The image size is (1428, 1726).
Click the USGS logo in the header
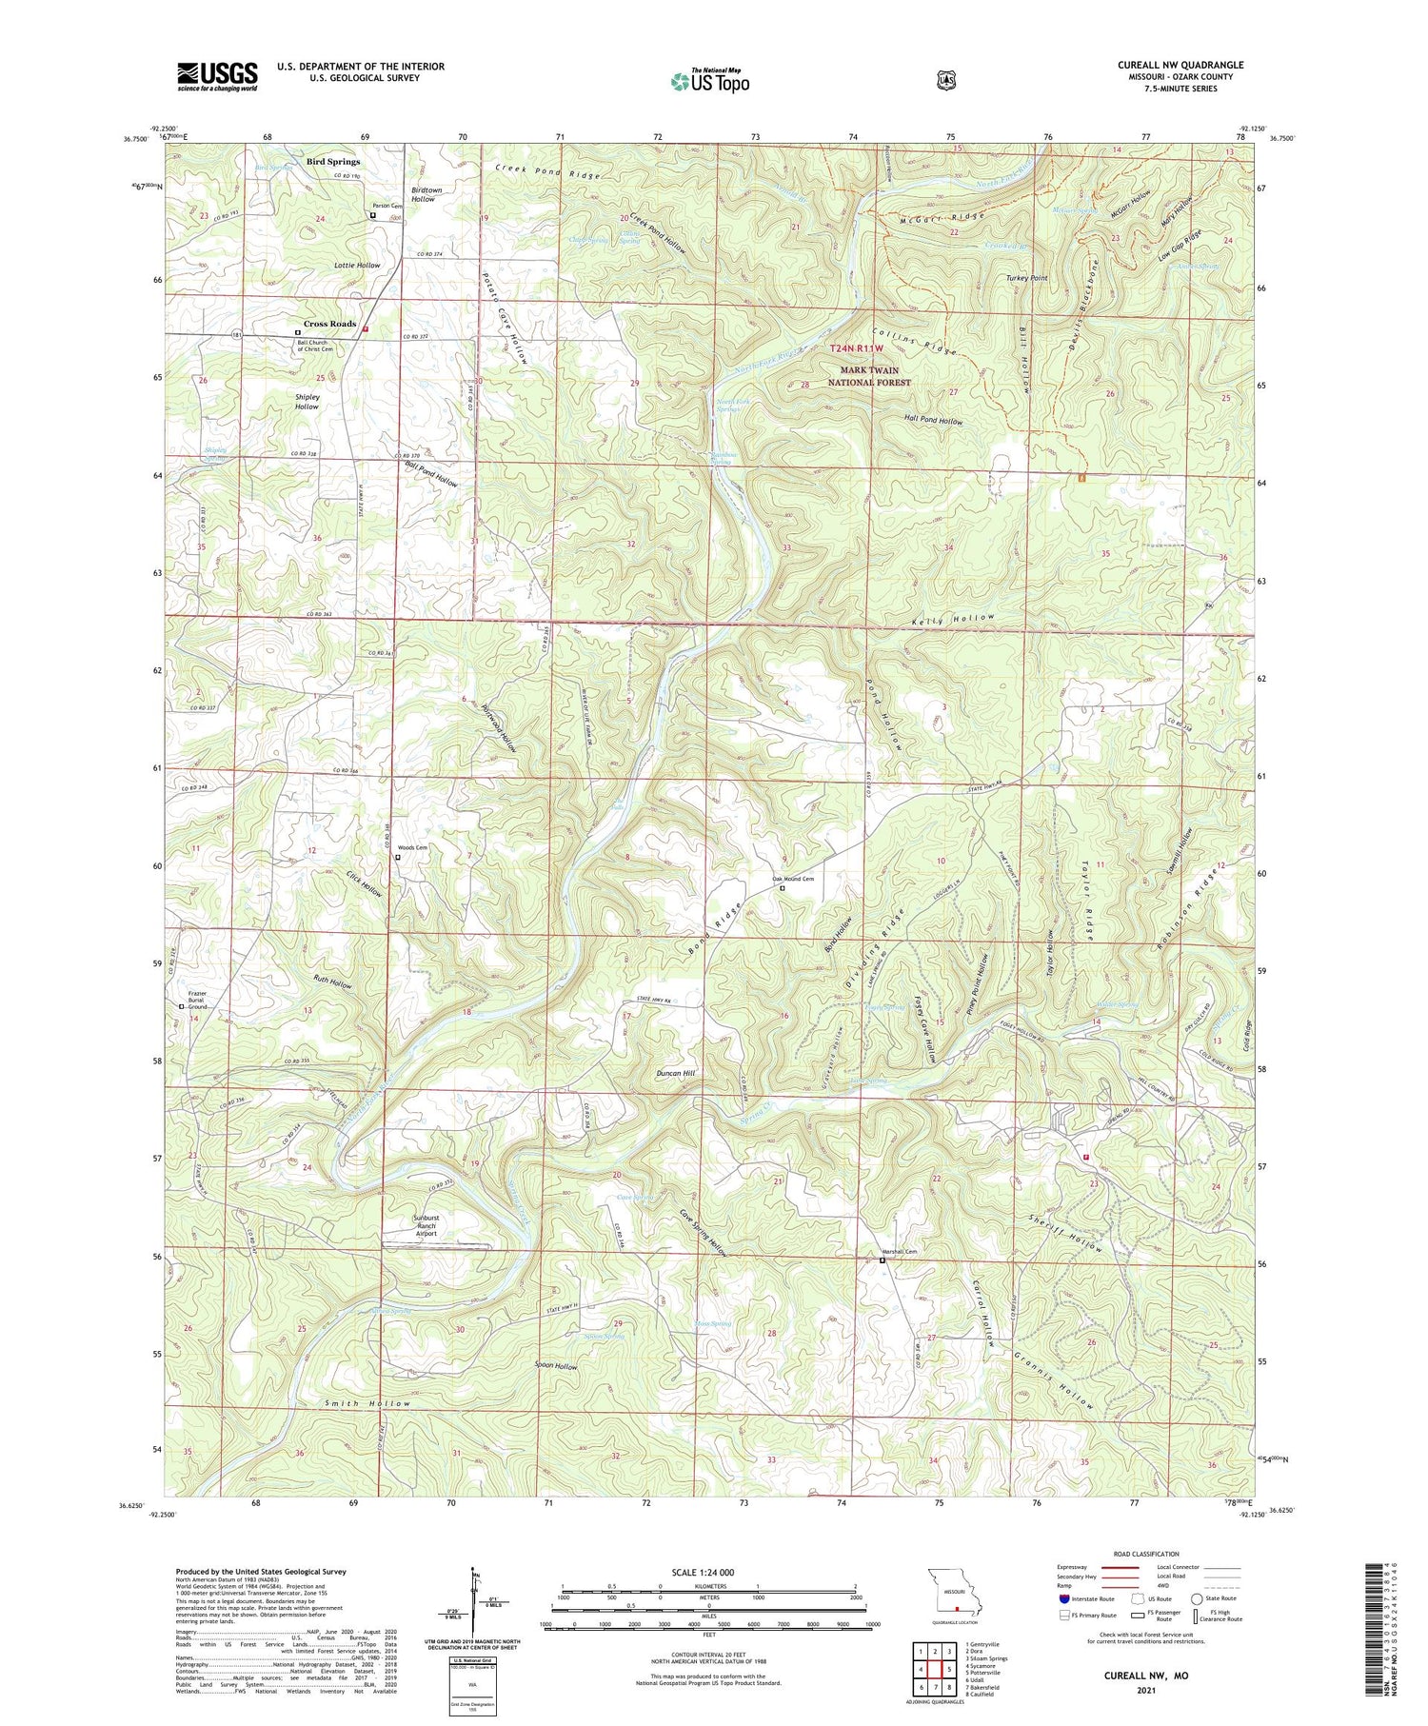tap(217, 76)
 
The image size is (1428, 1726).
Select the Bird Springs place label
tap(332, 162)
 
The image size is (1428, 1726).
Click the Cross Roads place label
tap(329, 324)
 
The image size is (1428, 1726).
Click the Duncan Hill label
tap(676, 1073)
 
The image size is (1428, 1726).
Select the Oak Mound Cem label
tap(792, 879)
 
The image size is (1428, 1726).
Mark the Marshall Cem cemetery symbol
tap(882, 1260)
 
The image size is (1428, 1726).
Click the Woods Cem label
tap(412, 847)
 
